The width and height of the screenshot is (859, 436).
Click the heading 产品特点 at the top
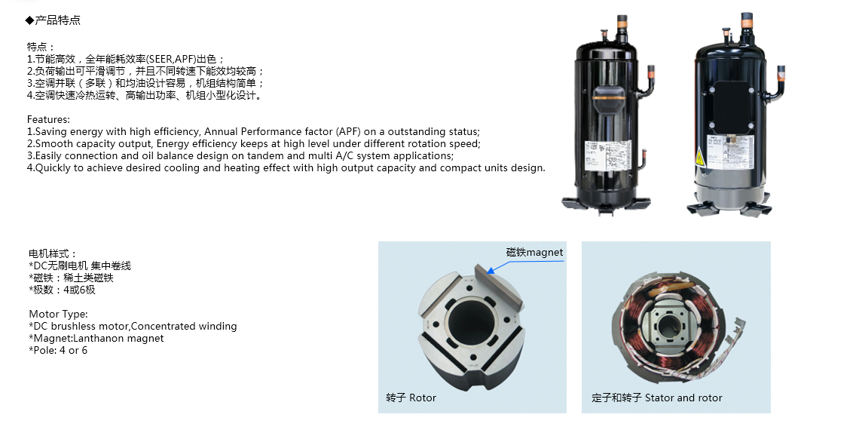[57, 20]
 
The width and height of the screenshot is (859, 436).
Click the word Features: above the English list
[48, 119]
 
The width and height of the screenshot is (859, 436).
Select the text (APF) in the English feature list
[349, 131]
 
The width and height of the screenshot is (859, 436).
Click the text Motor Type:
[58, 315]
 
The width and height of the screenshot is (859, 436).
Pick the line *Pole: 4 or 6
[58, 351]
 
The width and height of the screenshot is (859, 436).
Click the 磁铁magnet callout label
[534, 252]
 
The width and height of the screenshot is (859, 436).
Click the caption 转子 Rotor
[411, 398]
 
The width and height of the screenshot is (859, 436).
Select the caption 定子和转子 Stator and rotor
[657, 398]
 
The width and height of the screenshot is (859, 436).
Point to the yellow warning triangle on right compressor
[699, 158]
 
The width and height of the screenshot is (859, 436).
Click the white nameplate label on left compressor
[607, 155]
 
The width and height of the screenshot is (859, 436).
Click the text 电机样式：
[53, 253]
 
